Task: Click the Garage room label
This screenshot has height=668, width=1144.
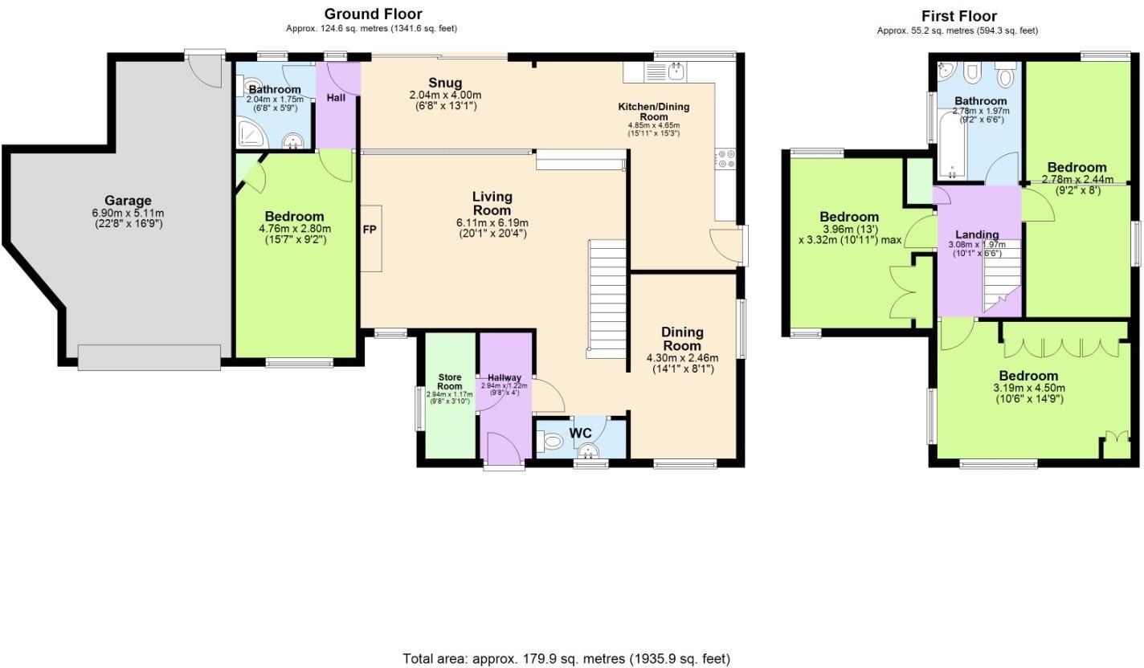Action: (x=127, y=201)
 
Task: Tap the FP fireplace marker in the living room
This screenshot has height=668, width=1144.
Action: (x=370, y=230)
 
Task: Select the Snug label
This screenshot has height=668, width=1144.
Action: (x=444, y=83)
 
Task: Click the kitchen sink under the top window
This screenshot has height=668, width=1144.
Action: (x=676, y=71)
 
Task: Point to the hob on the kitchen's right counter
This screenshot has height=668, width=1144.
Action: (x=727, y=159)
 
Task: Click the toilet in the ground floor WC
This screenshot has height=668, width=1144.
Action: (x=553, y=441)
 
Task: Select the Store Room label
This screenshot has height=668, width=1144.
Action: (x=450, y=381)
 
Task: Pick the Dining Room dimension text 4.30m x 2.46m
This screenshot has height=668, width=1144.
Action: (x=681, y=358)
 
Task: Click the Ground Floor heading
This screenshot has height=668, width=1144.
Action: (x=373, y=14)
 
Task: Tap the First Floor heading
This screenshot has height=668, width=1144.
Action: (x=958, y=16)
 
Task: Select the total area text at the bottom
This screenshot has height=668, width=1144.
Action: (x=566, y=658)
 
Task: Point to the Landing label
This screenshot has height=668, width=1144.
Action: (x=977, y=234)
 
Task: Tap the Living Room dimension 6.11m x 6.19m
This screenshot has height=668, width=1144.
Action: (x=492, y=222)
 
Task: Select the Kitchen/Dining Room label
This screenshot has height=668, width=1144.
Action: (x=653, y=111)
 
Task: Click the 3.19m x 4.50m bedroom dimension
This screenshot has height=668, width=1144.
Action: (x=1028, y=388)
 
